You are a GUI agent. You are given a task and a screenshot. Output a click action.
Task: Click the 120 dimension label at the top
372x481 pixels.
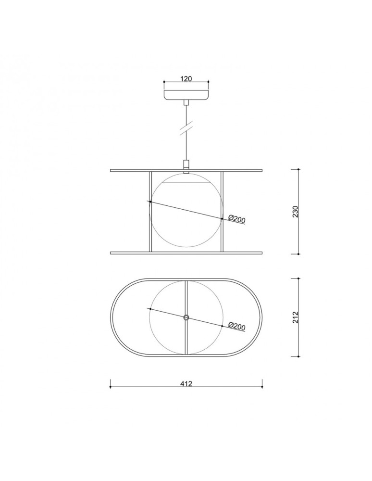click(186, 79)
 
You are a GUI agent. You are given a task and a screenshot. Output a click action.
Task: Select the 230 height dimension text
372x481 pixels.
click(296, 212)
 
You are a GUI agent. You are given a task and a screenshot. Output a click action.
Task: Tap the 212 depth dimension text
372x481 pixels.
click(296, 317)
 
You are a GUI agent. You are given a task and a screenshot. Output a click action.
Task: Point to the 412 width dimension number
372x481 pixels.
click(186, 384)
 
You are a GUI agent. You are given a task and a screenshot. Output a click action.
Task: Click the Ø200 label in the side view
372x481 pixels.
click(237, 219)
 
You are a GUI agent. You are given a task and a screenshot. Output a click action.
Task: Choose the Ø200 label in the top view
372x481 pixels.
click(237, 327)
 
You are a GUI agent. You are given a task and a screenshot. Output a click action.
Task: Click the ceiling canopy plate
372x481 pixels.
click(186, 95)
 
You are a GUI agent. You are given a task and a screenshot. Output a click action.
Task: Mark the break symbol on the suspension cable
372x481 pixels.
click(186, 128)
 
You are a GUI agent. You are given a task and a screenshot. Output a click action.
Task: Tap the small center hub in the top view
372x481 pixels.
click(186, 317)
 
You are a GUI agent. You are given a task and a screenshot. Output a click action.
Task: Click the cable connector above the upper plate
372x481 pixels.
click(186, 164)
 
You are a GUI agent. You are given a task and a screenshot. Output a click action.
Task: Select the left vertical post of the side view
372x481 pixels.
click(150, 212)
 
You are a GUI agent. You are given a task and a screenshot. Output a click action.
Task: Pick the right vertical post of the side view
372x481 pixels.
click(223, 212)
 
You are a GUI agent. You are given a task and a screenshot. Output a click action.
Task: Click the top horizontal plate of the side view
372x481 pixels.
click(186, 170)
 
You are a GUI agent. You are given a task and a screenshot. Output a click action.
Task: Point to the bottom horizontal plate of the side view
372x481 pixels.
click(186, 253)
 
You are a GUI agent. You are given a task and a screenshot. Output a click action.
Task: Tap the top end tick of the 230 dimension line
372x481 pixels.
click(299, 170)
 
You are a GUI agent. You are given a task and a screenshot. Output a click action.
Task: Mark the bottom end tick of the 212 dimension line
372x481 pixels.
click(299, 356)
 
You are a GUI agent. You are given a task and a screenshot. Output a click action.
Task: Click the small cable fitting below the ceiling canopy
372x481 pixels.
click(186, 103)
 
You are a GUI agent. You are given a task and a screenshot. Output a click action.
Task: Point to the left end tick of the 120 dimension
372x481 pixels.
click(164, 82)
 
